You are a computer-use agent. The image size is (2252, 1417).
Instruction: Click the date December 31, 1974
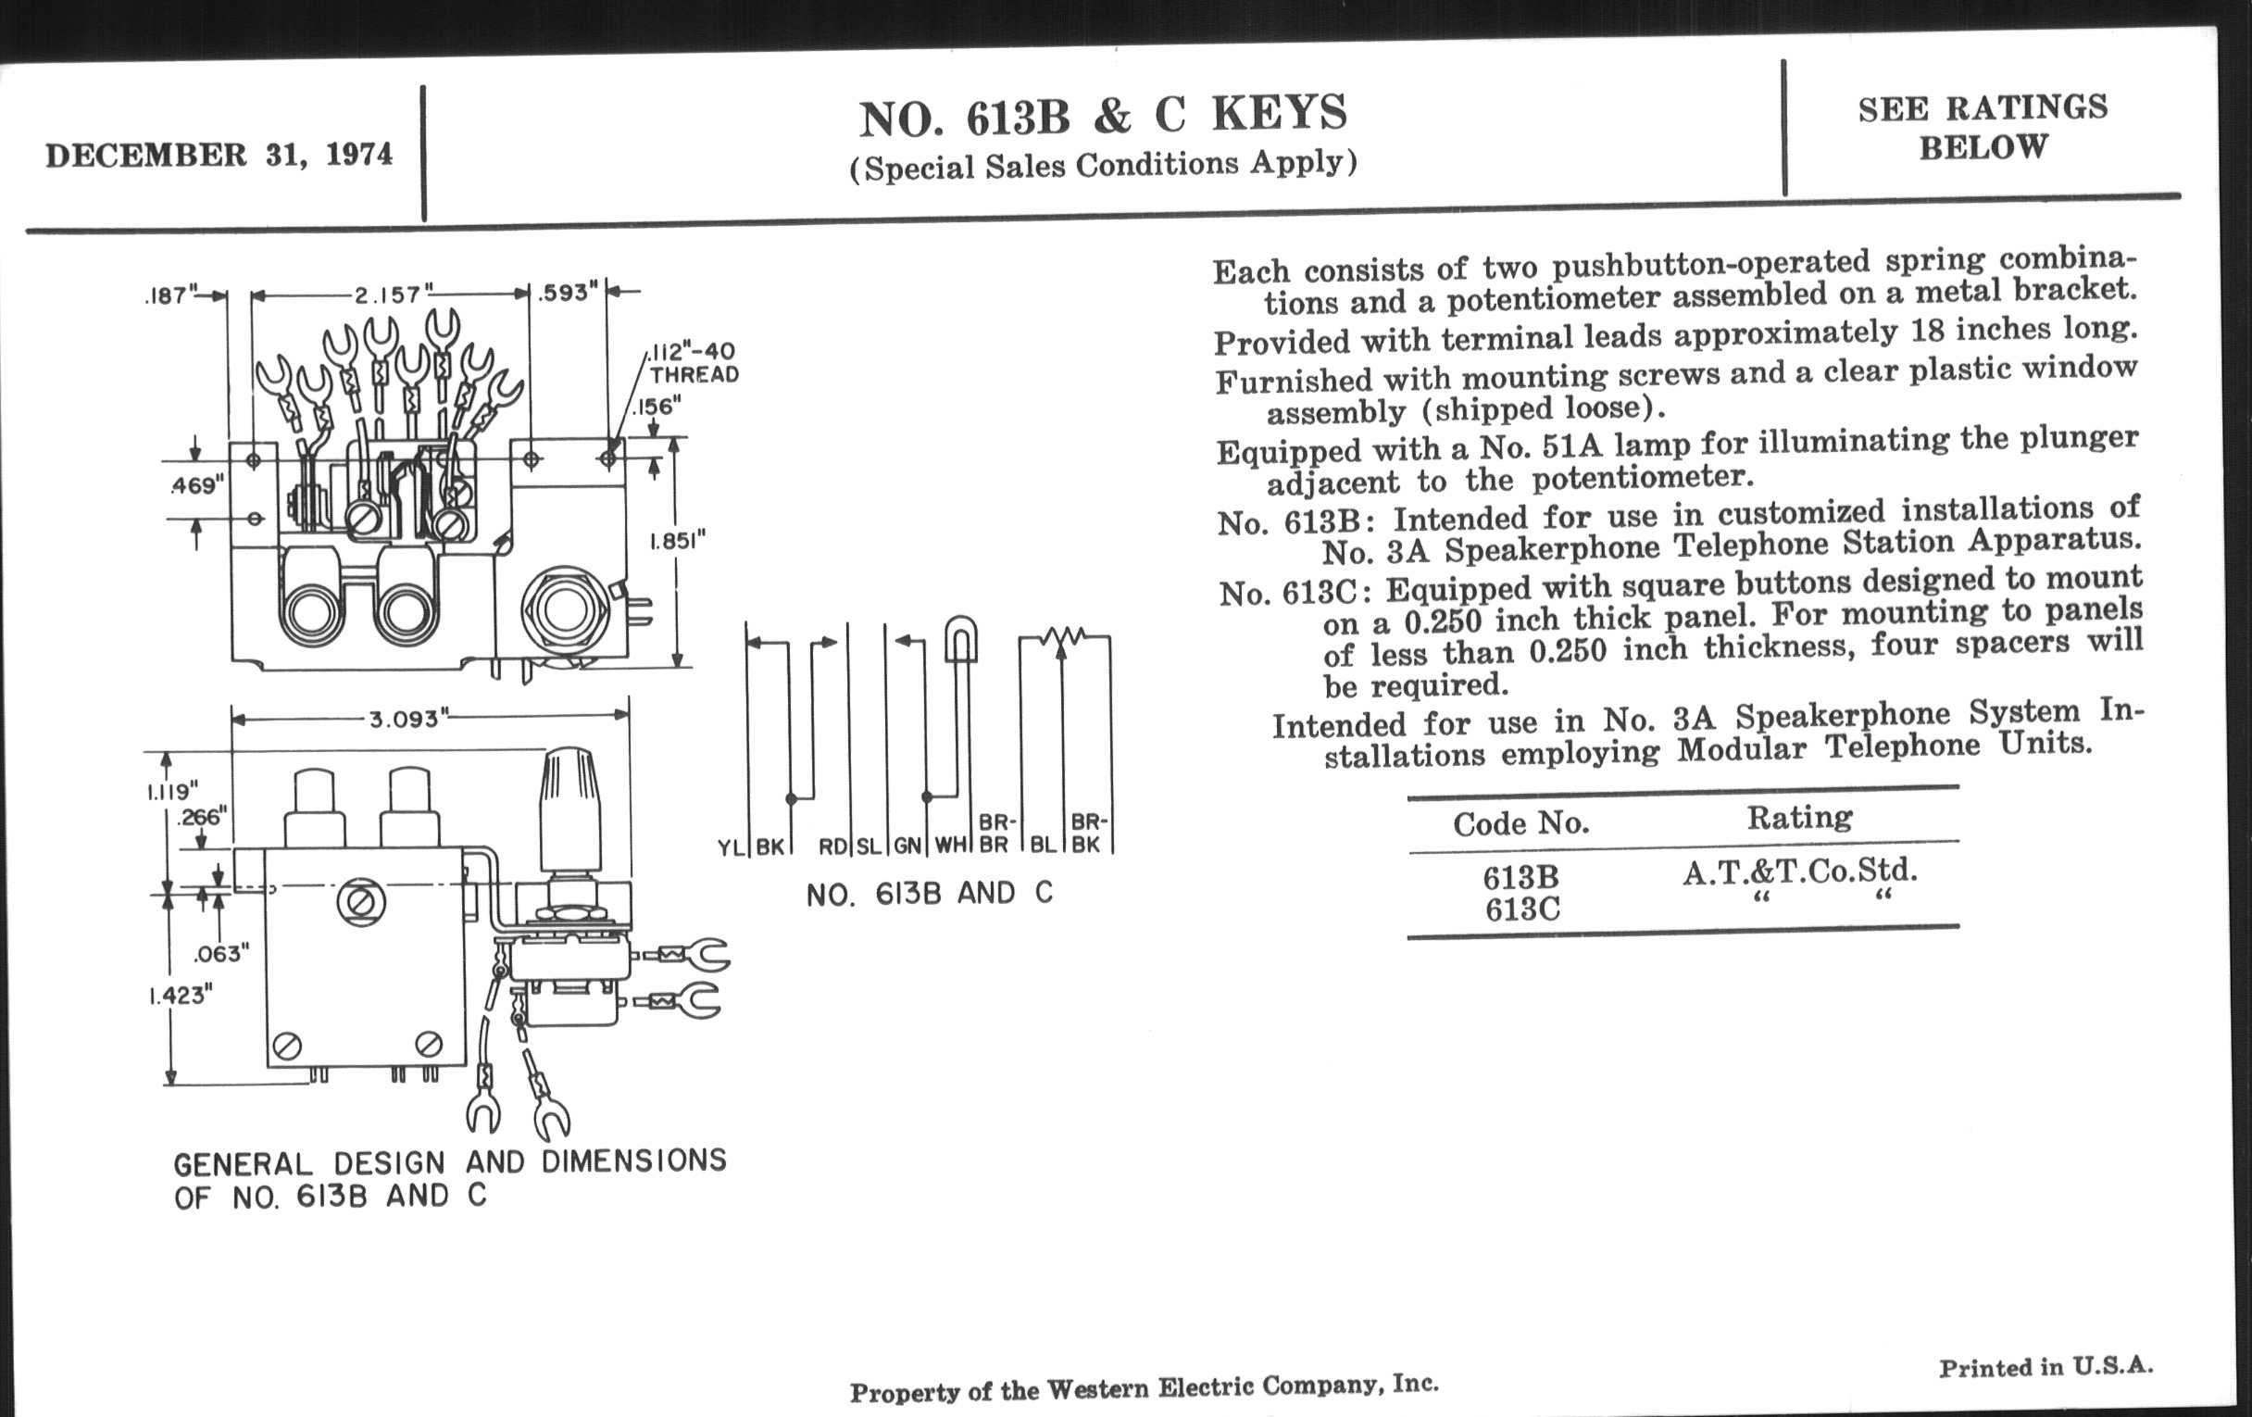pos(219,155)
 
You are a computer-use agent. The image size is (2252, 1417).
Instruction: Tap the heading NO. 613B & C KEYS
pos(1104,115)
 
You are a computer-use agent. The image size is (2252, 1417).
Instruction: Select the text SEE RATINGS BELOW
pos(1983,127)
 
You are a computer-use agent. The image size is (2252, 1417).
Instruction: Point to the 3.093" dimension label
pos(405,719)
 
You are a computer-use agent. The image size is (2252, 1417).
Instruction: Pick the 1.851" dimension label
pos(677,541)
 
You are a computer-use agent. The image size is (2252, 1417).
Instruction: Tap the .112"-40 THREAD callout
pos(694,363)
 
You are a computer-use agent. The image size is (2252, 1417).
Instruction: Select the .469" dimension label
pos(197,485)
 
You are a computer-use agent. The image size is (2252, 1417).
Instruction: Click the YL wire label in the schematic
pos(730,847)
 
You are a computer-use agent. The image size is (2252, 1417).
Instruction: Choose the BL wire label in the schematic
pos(1043,845)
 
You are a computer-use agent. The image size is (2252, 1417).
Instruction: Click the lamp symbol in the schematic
pos(960,640)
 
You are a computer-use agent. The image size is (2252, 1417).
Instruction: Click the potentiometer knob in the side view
pos(569,809)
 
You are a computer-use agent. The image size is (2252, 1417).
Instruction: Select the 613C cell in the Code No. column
pos(1521,909)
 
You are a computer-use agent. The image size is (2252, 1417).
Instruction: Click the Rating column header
pos(1799,818)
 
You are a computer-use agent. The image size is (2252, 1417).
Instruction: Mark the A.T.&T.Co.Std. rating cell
pos(1800,872)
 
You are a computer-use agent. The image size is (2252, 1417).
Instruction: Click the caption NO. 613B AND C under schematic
pos(930,894)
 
